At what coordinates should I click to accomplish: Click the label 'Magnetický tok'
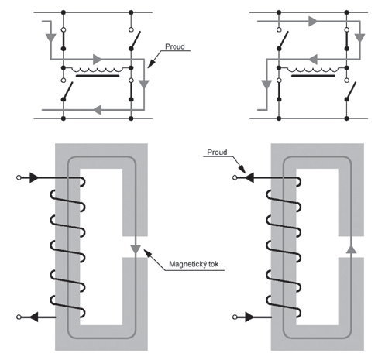tap(194, 264)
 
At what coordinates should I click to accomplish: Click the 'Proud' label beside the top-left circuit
tap(175, 46)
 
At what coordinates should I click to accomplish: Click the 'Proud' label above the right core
tap(217, 153)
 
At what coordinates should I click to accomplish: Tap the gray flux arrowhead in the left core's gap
tap(136, 249)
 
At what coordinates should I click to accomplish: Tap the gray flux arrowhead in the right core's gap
tap(351, 249)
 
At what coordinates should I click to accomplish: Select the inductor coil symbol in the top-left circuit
tap(98, 69)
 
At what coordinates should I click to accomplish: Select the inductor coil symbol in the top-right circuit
tap(313, 69)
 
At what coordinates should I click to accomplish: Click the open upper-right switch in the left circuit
tap(135, 40)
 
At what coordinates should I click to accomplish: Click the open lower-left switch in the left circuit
tap(67, 91)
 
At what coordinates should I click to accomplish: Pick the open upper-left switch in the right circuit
tap(283, 40)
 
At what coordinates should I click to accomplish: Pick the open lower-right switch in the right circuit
tap(351, 91)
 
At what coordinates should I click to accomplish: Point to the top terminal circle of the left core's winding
tap(19, 177)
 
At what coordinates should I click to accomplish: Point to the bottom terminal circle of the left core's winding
tap(19, 317)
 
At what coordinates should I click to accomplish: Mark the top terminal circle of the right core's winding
tap(235, 177)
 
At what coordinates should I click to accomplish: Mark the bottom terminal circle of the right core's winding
tap(235, 317)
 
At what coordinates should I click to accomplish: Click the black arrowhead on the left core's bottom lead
tap(33, 317)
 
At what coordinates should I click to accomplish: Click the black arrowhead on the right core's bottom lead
tap(249, 317)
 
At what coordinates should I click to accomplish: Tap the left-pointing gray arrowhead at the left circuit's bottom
tap(98, 110)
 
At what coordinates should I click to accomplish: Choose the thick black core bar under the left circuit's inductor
tap(98, 76)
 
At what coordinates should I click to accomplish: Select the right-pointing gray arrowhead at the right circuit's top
tap(313, 21)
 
